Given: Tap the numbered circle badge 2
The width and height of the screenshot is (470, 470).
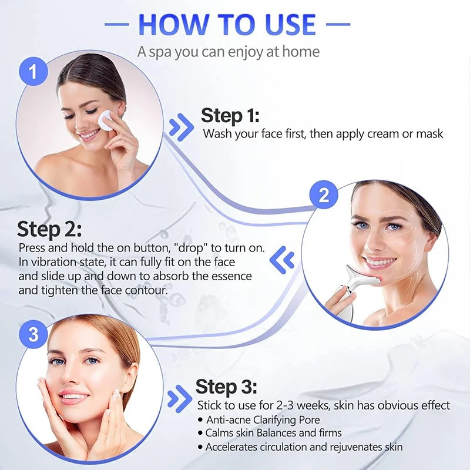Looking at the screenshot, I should tap(324, 196).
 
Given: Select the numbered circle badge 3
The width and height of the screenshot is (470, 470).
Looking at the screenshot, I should tap(33, 335).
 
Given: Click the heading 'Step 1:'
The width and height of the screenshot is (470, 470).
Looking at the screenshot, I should tap(230, 115).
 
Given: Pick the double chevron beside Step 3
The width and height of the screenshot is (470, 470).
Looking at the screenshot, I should tap(179, 399).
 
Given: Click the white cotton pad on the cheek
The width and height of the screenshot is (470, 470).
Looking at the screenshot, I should tap(108, 120).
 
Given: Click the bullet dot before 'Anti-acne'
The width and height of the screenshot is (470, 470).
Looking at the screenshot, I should tap(200, 419).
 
